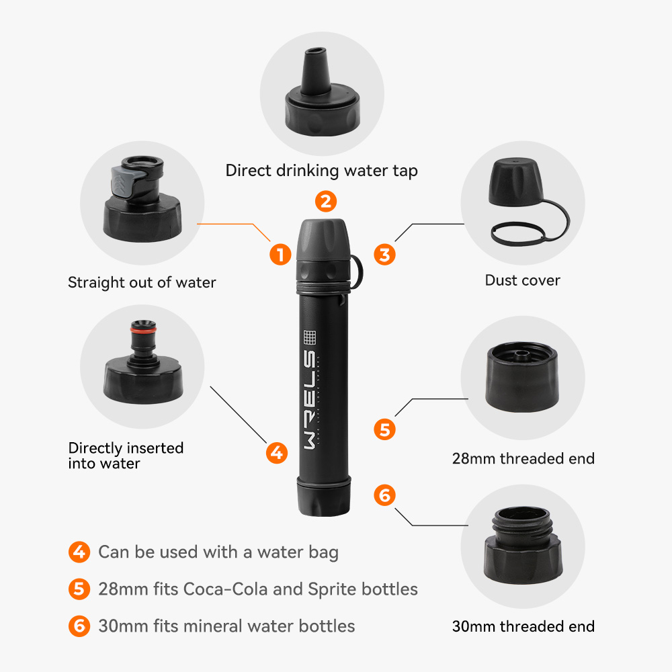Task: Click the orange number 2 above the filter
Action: click(x=326, y=202)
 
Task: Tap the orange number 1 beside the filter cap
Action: click(x=280, y=254)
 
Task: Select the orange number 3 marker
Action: click(x=384, y=255)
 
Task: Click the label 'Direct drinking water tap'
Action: click(x=321, y=171)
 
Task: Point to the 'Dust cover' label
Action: click(x=522, y=280)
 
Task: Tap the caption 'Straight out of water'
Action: click(x=142, y=282)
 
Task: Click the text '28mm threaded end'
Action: click(x=523, y=458)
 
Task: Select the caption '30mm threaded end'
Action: click(x=523, y=626)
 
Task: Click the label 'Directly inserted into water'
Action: click(x=126, y=456)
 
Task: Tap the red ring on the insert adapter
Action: click(x=143, y=330)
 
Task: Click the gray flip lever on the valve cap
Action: click(x=124, y=181)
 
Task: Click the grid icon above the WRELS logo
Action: click(x=310, y=337)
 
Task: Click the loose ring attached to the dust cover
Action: click(x=517, y=234)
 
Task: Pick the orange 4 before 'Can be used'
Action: click(x=79, y=552)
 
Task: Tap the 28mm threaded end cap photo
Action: click(x=522, y=377)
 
